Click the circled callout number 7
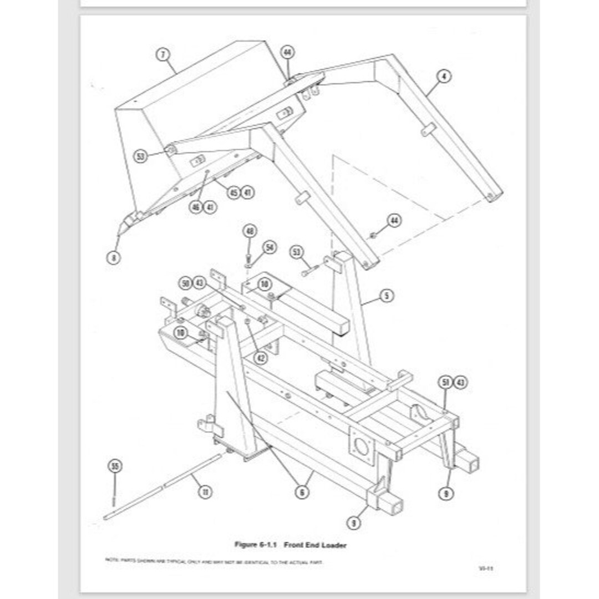(163, 55)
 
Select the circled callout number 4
(444, 77)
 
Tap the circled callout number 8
(113, 257)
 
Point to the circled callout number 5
(387, 296)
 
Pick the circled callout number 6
(302, 491)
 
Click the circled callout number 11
(205, 491)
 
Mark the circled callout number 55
(115, 466)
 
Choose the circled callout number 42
(260, 358)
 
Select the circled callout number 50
(185, 283)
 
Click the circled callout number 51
(445, 382)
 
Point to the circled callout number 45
(233, 192)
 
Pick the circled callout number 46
(196, 207)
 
